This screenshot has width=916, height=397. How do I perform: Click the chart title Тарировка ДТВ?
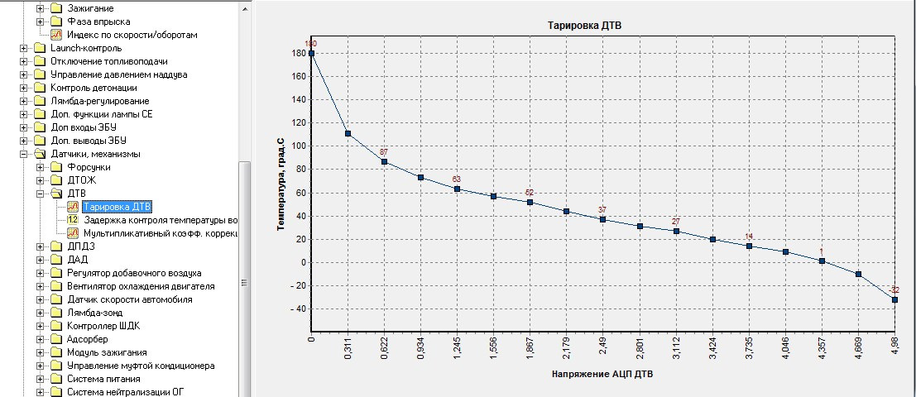pos(585,26)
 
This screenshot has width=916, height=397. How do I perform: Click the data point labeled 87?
pos(384,162)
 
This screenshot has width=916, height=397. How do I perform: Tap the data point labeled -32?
pos(894,299)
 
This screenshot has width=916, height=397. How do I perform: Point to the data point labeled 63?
pos(457,189)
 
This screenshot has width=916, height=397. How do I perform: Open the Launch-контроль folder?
pos(85,48)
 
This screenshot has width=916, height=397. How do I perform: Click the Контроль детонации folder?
pos(94,88)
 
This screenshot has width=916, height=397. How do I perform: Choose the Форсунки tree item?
pos(89,167)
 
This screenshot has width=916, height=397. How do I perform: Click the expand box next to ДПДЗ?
pos(40,246)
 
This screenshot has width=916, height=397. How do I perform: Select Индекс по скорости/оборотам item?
pos(132,35)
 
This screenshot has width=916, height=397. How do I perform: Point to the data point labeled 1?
pos(822,261)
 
